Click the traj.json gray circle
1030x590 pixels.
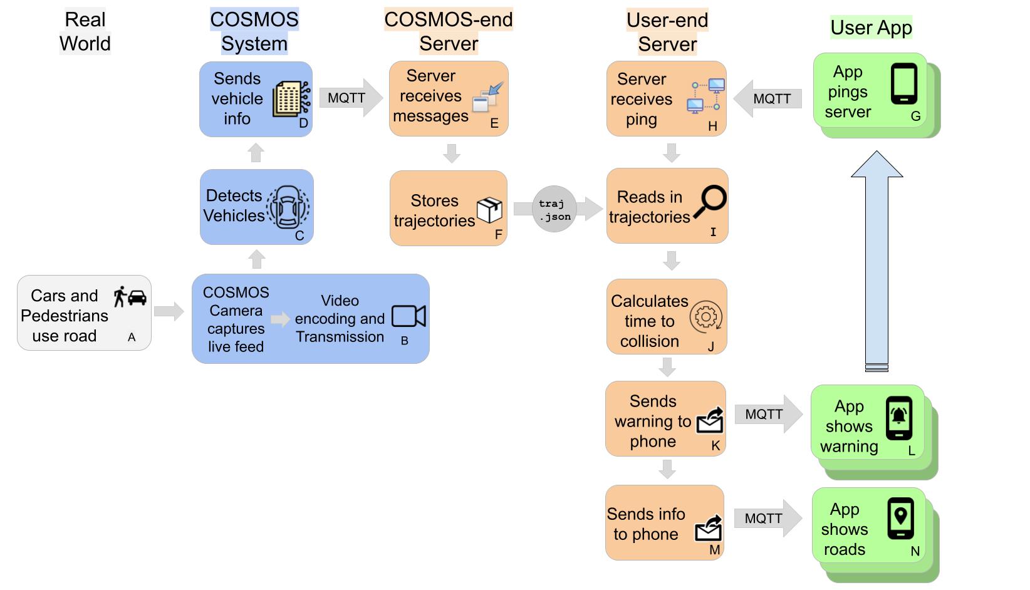point(554,209)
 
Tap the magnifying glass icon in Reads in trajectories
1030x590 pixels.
point(710,202)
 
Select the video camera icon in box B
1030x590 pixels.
point(408,316)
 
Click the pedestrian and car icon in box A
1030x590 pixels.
point(130,296)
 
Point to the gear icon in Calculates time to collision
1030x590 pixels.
point(706,317)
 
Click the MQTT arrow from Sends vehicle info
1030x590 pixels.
point(350,98)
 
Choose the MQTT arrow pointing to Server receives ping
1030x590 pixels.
point(767,98)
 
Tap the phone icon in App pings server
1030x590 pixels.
point(904,83)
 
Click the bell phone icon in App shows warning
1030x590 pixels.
point(899,418)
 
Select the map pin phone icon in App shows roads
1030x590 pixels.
point(900,519)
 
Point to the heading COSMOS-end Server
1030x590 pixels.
point(449,31)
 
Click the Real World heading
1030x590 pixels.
point(85,31)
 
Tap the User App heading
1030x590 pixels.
point(871,28)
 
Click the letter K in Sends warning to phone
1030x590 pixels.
point(715,445)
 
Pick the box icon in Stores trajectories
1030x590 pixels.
point(489,210)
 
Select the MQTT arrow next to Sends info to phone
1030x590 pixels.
point(767,518)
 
